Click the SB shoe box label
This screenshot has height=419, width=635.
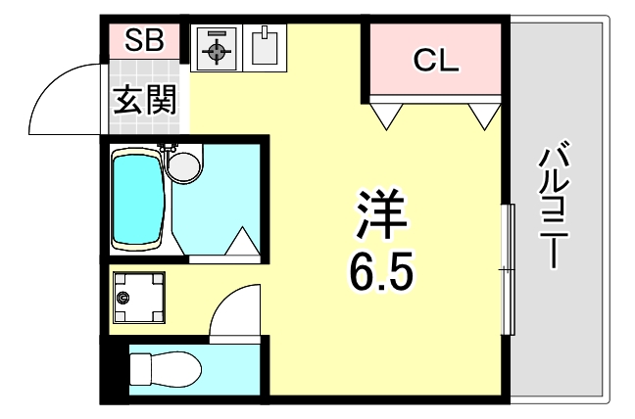pyautogui.click(x=143, y=40)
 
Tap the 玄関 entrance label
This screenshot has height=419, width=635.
pyautogui.click(x=143, y=100)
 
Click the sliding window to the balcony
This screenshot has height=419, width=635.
pyautogui.click(x=507, y=269)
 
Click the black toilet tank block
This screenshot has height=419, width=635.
pyautogui.click(x=117, y=370)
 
